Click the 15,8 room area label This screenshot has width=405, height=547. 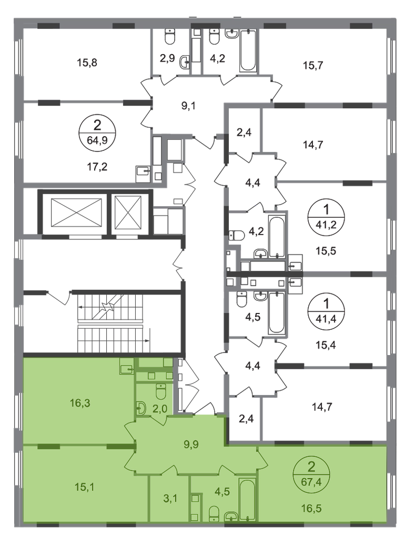pyautogui.click(x=87, y=63)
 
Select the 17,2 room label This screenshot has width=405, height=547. pyautogui.click(x=97, y=167)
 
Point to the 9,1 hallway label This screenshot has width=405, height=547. pyautogui.click(x=188, y=106)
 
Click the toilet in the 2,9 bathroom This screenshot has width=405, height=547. pyautogui.click(x=170, y=37)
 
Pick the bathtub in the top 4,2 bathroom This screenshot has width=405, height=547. pyautogui.click(x=248, y=50)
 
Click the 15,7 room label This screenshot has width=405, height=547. pyautogui.click(x=313, y=65)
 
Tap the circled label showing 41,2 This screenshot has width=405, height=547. pyautogui.click(x=326, y=216)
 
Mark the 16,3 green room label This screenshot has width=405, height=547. pyautogui.click(x=80, y=403)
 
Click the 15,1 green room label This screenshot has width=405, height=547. pyautogui.click(x=85, y=487)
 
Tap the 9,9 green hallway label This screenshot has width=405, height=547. pyautogui.click(x=191, y=445)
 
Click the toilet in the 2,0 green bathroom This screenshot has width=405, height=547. pyautogui.click(x=161, y=391)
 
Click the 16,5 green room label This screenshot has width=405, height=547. pyautogui.click(x=311, y=508)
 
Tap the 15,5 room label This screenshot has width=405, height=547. pyautogui.click(x=326, y=251)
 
